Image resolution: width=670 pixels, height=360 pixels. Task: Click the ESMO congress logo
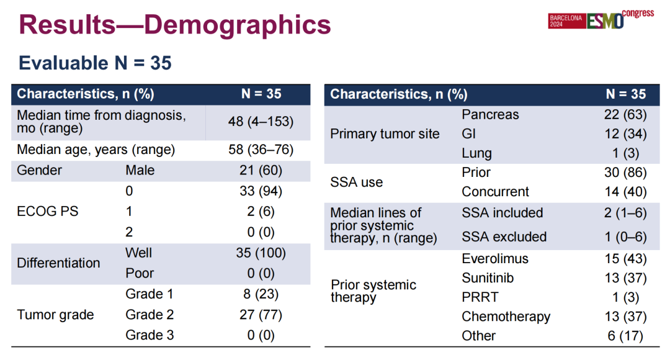click(601, 20)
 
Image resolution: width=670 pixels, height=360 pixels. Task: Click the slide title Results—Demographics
click(175, 25)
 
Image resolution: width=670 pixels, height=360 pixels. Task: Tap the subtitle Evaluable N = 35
click(95, 63)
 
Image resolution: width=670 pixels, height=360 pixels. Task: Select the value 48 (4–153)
click(261, 121)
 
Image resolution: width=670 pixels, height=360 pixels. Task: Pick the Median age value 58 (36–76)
click(261, 150)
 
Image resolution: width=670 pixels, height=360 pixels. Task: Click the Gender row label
click(39, 170)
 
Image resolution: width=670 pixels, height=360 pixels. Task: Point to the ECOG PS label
click(48, 211)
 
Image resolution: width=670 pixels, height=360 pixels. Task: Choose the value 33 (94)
click(261, 191)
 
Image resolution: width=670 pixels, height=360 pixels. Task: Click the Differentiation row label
click(58, 263)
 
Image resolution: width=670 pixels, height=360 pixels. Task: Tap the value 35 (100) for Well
click(261, 253)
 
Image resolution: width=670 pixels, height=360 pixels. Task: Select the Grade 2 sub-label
click(150, 315)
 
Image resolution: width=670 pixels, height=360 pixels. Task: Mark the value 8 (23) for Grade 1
click(261, 294)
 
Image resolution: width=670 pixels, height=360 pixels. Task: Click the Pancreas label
click(490, 115)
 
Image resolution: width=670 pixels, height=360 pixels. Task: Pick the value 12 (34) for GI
click(625, 133)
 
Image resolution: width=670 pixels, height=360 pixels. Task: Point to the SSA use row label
click(356, 182)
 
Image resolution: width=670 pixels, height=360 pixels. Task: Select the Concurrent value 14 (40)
click(625, 192)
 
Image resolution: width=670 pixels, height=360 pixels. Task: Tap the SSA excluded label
click(504, 236)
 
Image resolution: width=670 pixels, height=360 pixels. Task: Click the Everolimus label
click(494, 258)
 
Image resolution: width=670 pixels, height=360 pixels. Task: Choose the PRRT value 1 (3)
click(625, 297)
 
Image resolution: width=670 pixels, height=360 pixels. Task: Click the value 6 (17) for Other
click(625, 336)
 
